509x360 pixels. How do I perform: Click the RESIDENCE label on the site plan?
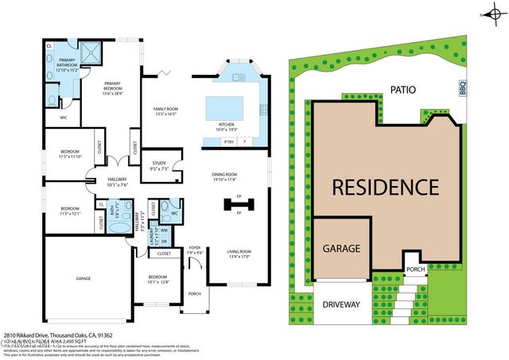pyautogui.click(x=385, y=188)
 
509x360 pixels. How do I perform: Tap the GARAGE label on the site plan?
pyautogui.click(x=341, y=248)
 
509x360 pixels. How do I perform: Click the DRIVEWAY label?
pyautogui.click(x=342, y=304)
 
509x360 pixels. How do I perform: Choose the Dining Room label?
pyautogui.click(x=225, y=176)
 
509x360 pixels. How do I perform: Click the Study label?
pyautogui.click(x=159, y=165)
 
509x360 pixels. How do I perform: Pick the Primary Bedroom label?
pyautogui.click(x=115, y=90)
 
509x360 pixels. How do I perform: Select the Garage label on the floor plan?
pyautogui.click(x=83, y=278)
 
